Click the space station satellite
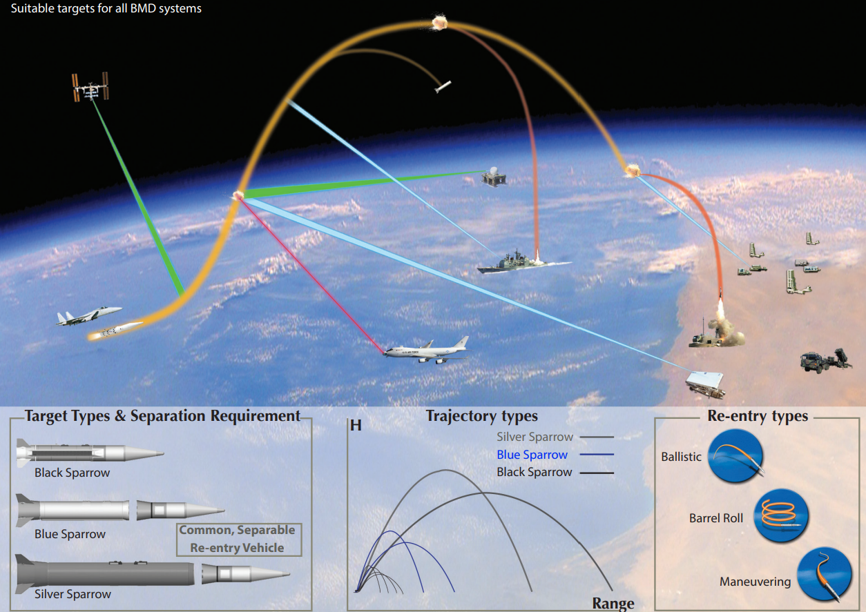90,87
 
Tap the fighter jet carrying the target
88,316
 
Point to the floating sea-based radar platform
493,177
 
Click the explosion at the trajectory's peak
440,22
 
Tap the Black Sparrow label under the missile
73,473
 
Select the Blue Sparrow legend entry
532,455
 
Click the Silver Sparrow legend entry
535,437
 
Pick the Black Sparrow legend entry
535,472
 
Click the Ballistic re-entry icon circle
735,456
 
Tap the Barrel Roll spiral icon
781,515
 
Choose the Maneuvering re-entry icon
825,574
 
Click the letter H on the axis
356,426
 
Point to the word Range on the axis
613,603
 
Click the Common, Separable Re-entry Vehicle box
239,540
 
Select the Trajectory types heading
482,416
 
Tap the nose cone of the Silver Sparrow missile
271,574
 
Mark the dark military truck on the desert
825,360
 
